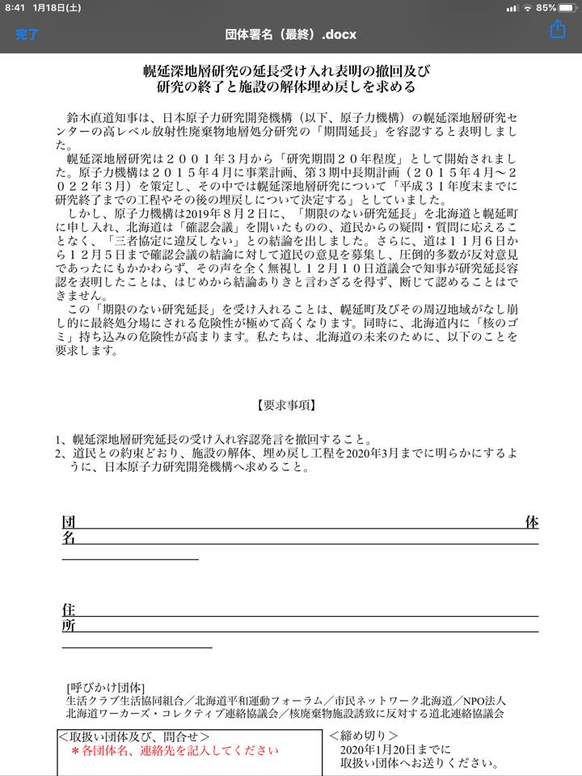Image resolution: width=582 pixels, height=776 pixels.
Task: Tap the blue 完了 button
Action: (27, 35)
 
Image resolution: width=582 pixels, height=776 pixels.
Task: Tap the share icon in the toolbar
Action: (557, 31)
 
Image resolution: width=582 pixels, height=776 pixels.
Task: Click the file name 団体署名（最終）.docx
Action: (291, 35)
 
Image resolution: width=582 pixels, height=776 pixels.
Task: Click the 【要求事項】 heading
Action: (291, 405)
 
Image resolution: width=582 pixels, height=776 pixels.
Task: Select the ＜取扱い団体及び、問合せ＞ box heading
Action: (134, 736)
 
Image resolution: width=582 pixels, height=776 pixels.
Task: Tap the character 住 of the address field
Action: (69, 609)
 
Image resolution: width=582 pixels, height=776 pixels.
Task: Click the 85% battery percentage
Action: (546, 7)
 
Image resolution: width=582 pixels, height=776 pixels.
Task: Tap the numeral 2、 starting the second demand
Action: (61, 453)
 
